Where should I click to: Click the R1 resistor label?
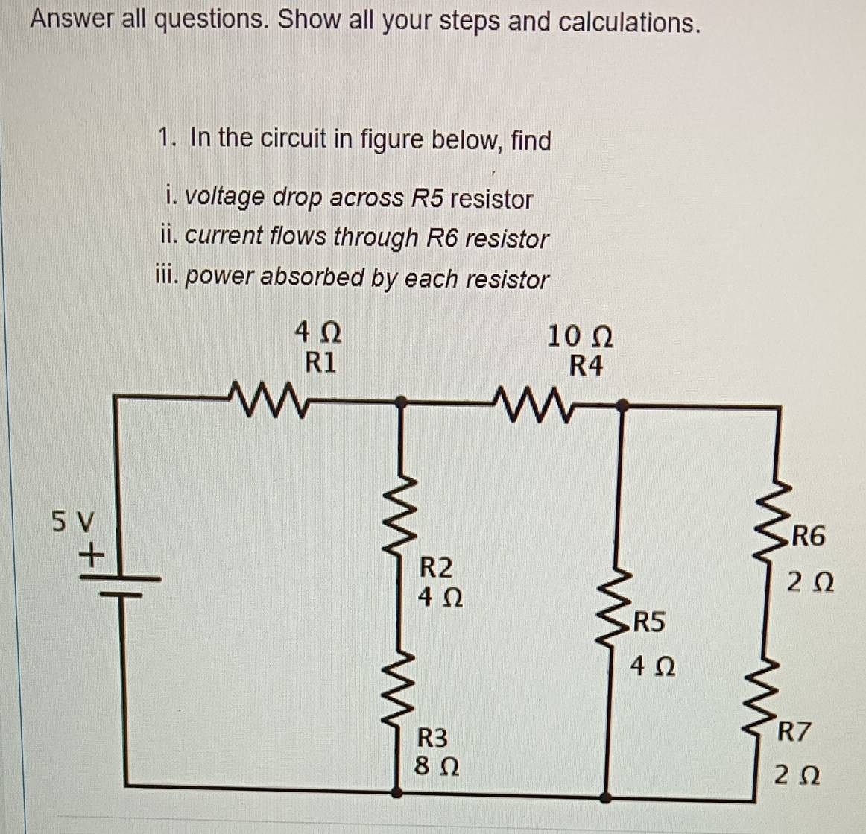(320, 362)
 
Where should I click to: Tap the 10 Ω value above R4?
(581, 336)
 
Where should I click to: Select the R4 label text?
(585, 366)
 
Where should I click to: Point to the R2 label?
(436, 567)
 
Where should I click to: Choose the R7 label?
(793, 731)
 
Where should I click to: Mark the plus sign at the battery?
(91, 555)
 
